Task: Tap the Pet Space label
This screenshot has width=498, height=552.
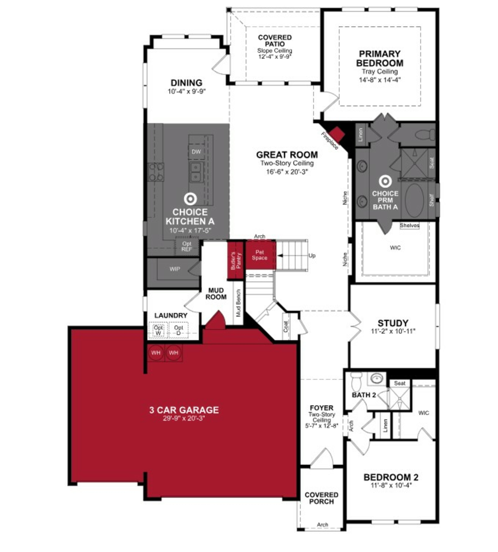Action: tap(260, 255)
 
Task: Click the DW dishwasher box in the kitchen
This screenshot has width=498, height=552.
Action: tap(196, 152)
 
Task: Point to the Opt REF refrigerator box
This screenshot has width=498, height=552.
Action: tap(187, 246)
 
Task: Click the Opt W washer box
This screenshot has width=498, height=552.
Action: tap(158, 330)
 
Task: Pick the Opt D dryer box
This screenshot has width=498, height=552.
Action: tap(178, 330)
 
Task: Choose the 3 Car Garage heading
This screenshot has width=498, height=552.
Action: tap(184, 410)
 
